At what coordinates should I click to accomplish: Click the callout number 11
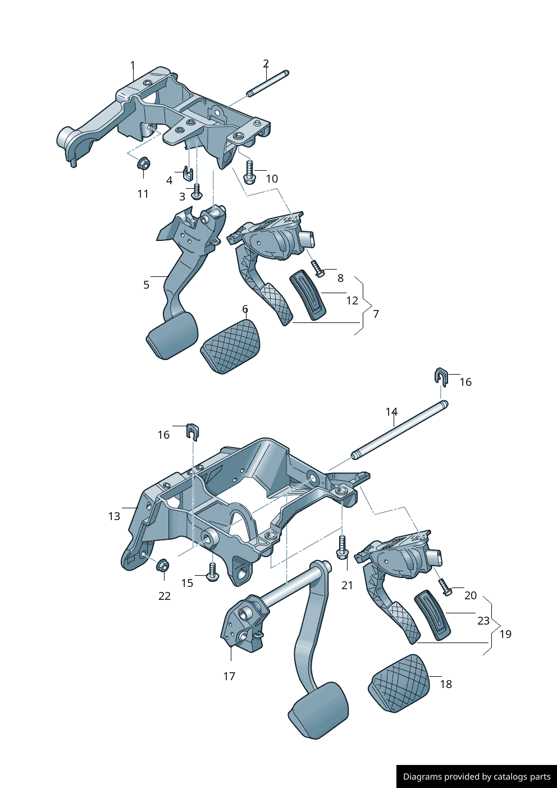(x=143, y=194)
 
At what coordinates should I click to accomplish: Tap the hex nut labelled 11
(x=143, y=163)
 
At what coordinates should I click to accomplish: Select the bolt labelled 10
(x=249, y=171)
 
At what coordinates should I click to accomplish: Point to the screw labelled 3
(x=197, y=192)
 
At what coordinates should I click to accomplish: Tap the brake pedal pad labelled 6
(x=231, y=346)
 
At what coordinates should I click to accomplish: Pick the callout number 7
(x=376, y=314)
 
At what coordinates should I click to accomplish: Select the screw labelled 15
(x=212, y=572)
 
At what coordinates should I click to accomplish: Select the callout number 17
(x=229, y=676)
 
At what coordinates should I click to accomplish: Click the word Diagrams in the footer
(x=422, y=777)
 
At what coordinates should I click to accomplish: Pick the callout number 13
(x=114, y=516)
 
